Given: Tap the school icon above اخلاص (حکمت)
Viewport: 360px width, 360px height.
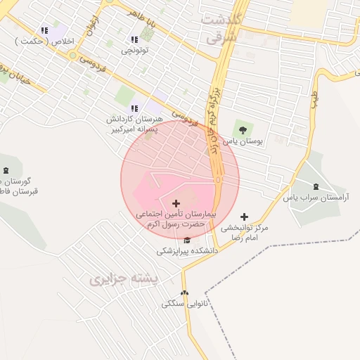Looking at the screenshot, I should (45, 30).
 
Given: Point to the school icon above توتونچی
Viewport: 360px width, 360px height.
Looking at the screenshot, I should (134, 39).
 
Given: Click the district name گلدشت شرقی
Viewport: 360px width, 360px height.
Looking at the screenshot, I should (222, 29).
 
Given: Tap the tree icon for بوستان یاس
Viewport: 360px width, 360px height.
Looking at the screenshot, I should (243, 129).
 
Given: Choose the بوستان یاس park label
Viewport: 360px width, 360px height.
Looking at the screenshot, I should (243, 141).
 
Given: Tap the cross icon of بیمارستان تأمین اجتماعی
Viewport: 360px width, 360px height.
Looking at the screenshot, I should (175, 203).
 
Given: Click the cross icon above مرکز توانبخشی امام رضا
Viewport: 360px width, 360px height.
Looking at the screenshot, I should (244, 217).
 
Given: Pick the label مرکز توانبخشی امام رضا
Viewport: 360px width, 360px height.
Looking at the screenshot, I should (244, 233).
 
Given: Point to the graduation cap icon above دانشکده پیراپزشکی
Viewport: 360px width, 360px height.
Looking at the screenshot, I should (186, 240).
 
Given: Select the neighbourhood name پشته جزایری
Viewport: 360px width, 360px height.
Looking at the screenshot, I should (121, 280).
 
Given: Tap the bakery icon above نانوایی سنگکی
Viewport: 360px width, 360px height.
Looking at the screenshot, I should (184, 293).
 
